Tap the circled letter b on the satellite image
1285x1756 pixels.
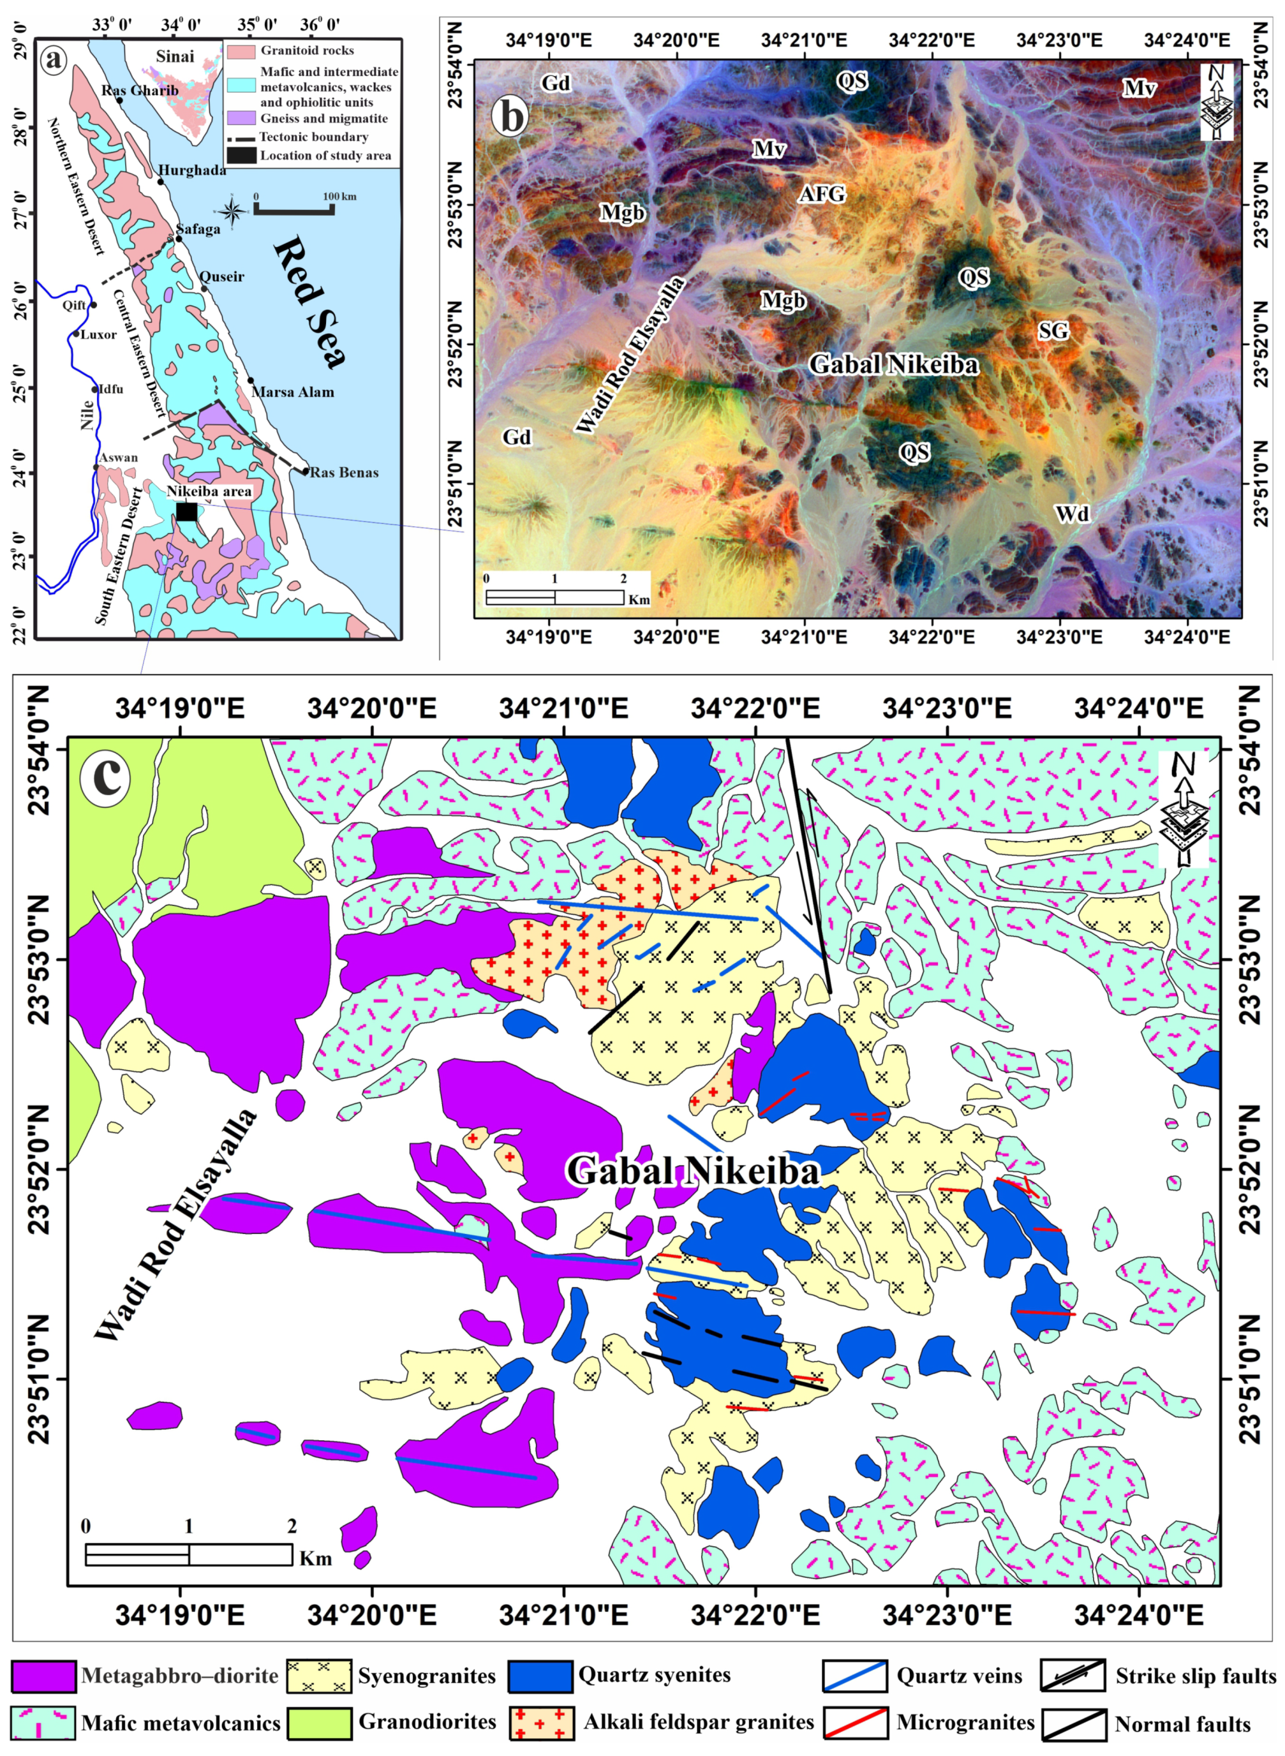click(511, 117)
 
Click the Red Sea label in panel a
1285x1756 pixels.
click(309, 302)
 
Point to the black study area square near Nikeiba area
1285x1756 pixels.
click(187, 512)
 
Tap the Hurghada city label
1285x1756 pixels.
click(191, 170)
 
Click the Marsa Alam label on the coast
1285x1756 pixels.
click(292, 392)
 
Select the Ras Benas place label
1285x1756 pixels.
click(344, 472)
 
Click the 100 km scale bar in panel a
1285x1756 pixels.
click(294, 209)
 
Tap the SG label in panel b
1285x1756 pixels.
click(1053, 331)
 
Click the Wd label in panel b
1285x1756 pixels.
click(1072, 512)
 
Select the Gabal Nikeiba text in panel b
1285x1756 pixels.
click(893, 363)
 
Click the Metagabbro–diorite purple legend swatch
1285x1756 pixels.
click(43, 1676)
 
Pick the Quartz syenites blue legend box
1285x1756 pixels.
click(540, 1676)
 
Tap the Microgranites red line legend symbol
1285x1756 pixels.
click(855, 1723)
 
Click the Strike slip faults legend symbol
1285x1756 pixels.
click(1073, 1676)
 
